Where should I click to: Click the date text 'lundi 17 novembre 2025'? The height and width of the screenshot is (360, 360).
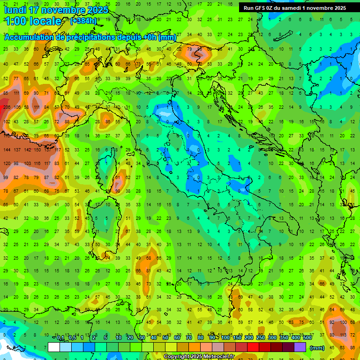pos(56,10)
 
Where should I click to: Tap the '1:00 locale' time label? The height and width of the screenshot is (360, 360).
pos(33,21)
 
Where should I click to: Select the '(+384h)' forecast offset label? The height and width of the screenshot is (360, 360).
pos(83,21)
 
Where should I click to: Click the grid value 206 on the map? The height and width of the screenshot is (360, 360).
pos(6,107)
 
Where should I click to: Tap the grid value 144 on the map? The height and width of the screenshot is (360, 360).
pos(6,150)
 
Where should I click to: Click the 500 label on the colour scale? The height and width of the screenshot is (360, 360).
pos(307,338)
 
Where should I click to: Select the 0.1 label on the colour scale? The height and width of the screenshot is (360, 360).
pos(60,338)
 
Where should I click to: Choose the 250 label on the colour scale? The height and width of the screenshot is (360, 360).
pos(260,338)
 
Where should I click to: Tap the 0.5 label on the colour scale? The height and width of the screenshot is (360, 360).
pos(72,338)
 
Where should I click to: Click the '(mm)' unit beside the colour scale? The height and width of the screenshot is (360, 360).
pos(317,348)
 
